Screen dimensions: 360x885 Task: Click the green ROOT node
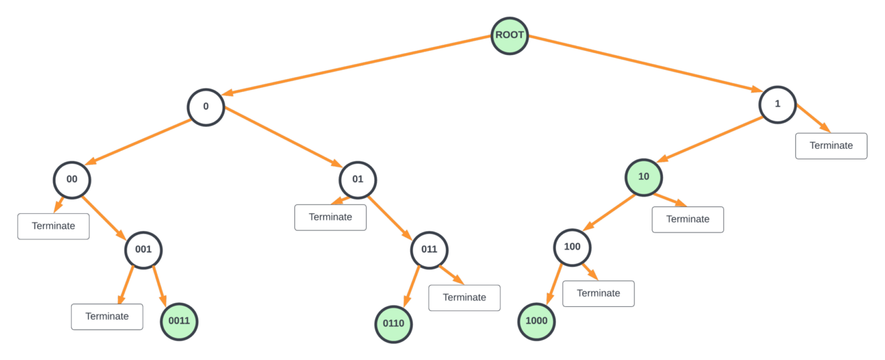[510, 36]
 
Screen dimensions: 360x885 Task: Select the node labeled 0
[205, 107]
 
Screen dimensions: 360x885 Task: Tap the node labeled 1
[778, 105]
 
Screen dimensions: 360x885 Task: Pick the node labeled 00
[72, 180]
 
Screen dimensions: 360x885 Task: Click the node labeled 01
[358, 180]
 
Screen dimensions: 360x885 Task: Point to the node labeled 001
[143, 250]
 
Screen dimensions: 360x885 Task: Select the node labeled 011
[429, 250]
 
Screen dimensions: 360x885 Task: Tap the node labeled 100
[572, 247]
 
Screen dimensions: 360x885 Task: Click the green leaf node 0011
[179, 321]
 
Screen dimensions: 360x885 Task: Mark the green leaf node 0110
[394, 324]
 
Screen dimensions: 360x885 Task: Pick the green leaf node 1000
[536, 321]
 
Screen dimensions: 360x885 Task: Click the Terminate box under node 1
[831, 145]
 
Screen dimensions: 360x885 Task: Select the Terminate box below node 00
[54, 226]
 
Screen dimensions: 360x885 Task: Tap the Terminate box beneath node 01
[331, 217]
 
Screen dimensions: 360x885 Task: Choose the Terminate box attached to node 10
[688, 219]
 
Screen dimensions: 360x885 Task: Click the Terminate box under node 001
[107, 316]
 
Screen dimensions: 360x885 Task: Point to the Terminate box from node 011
[465, 298]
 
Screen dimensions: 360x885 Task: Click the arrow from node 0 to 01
[282, 138]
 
